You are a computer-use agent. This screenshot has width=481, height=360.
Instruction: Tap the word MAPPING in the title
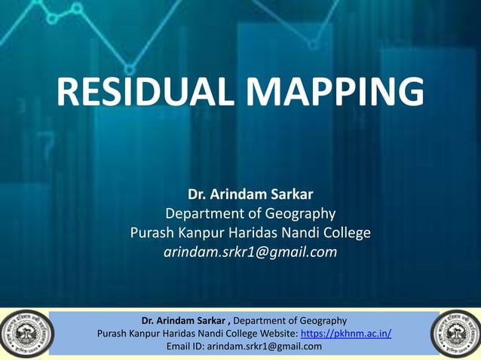(x=336, y=94)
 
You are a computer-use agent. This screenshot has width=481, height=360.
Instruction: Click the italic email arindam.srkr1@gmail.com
(x=250, y=252)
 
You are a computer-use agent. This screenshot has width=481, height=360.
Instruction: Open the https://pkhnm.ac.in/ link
(x=345, y=334)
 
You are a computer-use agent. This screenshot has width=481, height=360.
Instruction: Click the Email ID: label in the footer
(x=185, y=346)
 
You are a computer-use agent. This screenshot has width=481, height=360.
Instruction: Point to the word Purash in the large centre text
(x=152, y=233)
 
